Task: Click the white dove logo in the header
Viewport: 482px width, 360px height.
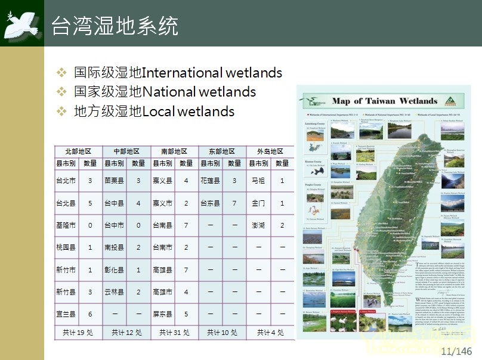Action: pos(22,23)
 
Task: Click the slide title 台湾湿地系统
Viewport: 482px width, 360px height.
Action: pos(115,26)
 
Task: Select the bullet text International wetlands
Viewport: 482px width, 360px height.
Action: pos(178,73)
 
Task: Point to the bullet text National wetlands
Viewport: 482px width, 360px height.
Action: pos(165,92)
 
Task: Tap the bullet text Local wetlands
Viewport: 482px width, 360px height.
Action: pos(154,111)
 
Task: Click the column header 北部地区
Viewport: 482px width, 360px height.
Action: pos(78,152)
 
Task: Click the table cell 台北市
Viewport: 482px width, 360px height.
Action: pos(66,181)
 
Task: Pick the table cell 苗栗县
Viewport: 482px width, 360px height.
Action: pos(114,181)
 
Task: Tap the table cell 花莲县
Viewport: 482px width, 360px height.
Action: pos(210,181)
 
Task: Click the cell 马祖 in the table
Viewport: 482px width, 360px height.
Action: pos(258,181)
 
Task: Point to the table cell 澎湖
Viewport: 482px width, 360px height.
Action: pos(258,225)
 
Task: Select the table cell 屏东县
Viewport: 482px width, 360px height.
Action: pos(162,314)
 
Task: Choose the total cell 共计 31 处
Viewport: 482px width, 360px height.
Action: pos(174,333)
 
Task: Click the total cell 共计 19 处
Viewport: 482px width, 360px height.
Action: pos(78,333)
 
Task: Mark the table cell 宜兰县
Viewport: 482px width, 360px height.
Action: pos(66,314)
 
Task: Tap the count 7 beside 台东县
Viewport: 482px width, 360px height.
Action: pos(234,203)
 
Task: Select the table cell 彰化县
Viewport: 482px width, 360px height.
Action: pos(114,269)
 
